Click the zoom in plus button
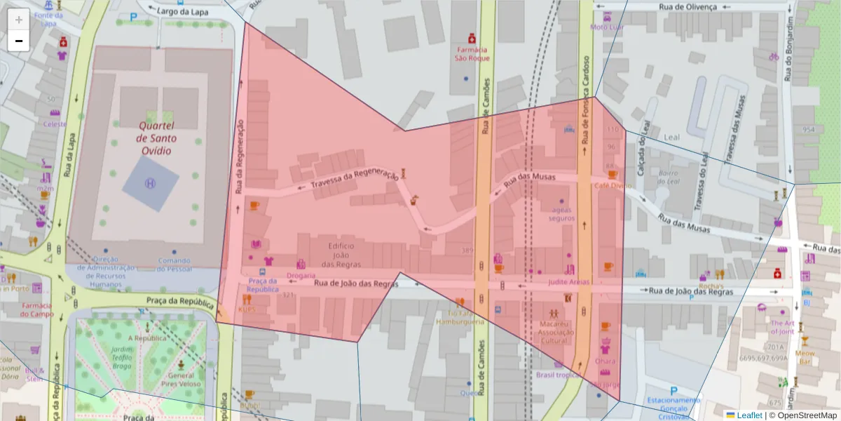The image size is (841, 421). [x=19, y=19]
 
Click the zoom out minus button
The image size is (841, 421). [x=19, y=41]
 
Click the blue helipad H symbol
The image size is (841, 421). [x=149, y=183]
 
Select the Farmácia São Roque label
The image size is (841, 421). [x=472, y=54]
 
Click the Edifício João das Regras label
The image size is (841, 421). [x=341, y=255]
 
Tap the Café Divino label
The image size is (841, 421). [x=612, y=186]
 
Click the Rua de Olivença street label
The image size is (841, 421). [x=688, y=7]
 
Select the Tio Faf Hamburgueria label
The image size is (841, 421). [x=460, y=317]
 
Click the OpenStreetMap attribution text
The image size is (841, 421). [x=806, y=415]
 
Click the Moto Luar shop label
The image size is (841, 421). [x=606, y=27]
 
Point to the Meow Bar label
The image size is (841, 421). [x=805, y=358]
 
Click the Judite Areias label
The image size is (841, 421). [x=568, y=282]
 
